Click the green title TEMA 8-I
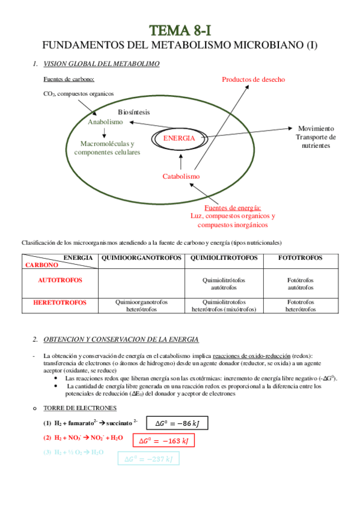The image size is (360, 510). tap(180, 30)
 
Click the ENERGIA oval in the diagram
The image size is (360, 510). tap(179, 138)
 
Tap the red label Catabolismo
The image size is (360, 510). tap(181, 176)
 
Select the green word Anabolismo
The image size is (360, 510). tap(105, 121)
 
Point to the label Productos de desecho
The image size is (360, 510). tap(253, 79)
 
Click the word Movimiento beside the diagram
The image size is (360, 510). tap(316, 129)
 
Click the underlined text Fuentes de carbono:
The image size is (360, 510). tap(69, 79)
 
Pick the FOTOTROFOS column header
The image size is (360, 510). tap(301, 257)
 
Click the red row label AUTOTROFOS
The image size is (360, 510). tap(60, 280)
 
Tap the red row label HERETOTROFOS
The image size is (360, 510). tap(60, 302)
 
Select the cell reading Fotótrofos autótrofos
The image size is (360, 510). tap(301, 284)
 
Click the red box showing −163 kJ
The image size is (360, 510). tap(163, 441)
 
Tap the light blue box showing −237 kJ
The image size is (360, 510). tap(148, 459)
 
